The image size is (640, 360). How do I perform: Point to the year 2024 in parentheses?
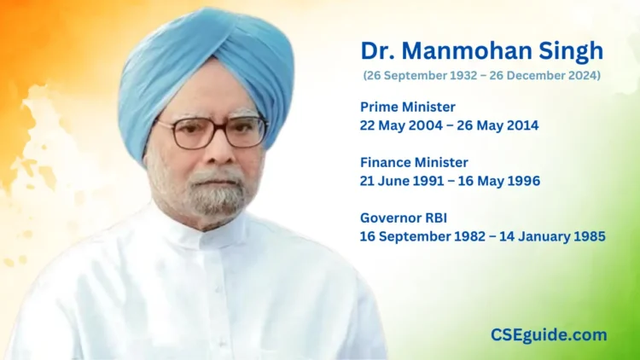click(579, 76)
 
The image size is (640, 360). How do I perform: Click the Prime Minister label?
click(408, 107)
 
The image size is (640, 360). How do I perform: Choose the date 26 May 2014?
click(496, 125)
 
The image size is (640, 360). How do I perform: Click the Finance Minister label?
click(414, 162)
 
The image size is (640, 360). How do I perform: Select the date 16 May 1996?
click(499, 180)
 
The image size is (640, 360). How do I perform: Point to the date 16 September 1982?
click(421, 235)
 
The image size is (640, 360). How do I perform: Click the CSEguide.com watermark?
click(549, 335)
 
